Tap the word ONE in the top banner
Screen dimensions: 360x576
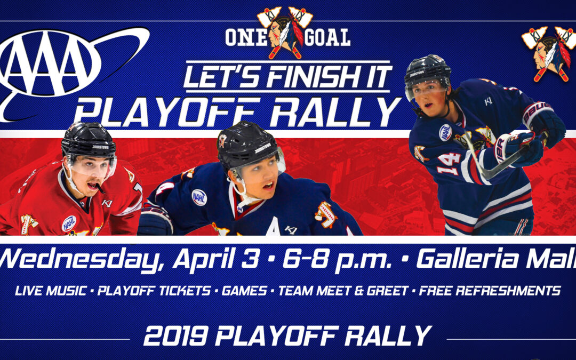click(245, 37)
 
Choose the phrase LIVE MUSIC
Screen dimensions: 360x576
click(51, 291)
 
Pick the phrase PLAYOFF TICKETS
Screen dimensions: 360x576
click(155, 291)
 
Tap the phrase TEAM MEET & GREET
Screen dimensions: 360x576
click(345, 291)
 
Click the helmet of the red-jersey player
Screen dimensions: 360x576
click(87, 139)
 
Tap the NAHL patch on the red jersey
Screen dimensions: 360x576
click(69, 222)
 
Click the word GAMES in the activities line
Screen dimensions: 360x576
click(245, 291)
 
